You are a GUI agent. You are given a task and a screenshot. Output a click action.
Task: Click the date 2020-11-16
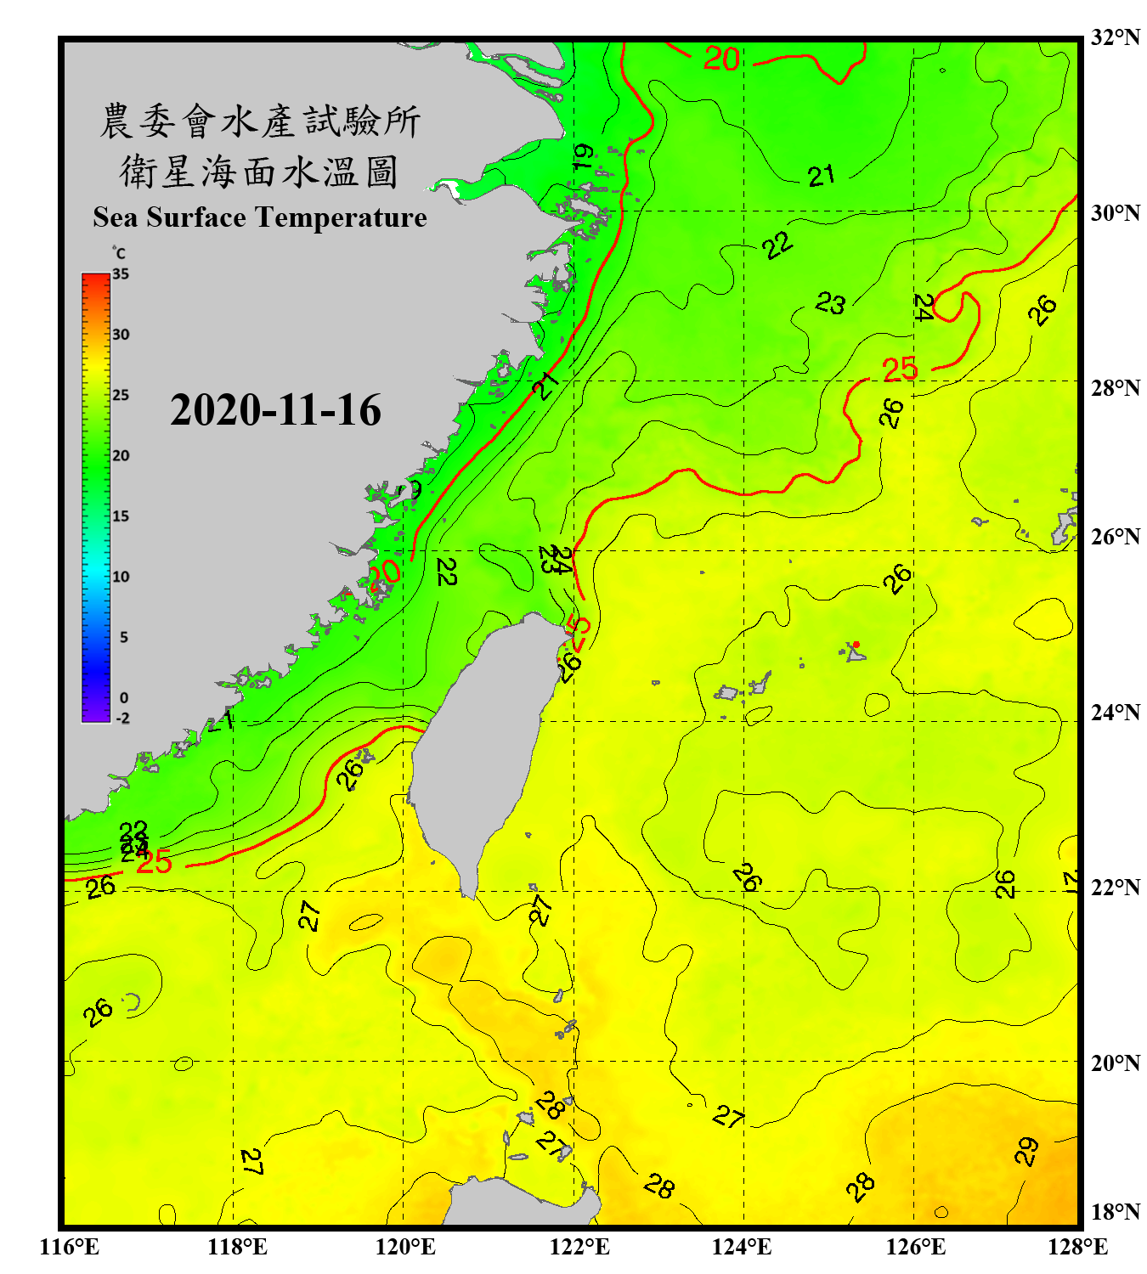pyautogui.click(x=275, y=410)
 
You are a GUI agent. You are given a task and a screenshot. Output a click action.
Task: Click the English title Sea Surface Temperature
pyautogui.click(x=260, y=217)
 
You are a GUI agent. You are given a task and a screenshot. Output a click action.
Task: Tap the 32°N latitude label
pyautogui.click(x=1115, y=37)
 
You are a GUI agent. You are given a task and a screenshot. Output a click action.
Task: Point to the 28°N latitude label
pyautogui.click(x=1115, y=387)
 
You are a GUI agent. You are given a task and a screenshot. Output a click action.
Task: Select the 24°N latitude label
pyautogui.click(x=1115, y=712)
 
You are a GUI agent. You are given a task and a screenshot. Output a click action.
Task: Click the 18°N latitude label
pyautogui.click(x=1115, y=1211)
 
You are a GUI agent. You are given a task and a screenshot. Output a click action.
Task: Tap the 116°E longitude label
pyautogui.click(x=70, y=1247)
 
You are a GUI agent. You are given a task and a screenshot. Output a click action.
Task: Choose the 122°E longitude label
pyautogui.click(x=579, y=1247)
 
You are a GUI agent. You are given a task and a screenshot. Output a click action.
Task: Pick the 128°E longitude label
pyautogui.click(x=1077, y=1247)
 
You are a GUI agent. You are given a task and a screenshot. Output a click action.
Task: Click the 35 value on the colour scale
pyautogui.click(x=121, y=274)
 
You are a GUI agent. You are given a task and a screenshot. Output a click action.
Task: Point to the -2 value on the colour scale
pyautogui.click(x=122, y=718)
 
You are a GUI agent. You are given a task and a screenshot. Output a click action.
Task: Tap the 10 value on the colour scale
pyautogui.click(x=121, y=577)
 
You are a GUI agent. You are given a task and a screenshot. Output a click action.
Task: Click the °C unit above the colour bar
pyautogui.click(x=119, y=253)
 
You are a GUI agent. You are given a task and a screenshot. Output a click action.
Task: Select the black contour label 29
pyautogui.click(x=1026, y=1151)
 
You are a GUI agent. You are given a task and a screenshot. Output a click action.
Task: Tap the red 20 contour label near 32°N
pyautogui.click(x=721, y=59)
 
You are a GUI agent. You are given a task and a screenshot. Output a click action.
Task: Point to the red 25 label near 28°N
pyautogui.click(x=900, y=369)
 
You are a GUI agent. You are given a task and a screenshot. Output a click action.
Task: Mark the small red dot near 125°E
pyautogui.click(x=856, y=645)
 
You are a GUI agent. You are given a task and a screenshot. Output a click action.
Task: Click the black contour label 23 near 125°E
pyautogui.click(x=830, y=303)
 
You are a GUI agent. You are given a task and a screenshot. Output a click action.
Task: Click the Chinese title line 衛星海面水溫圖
pyautogui.click(x=259, y=172)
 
